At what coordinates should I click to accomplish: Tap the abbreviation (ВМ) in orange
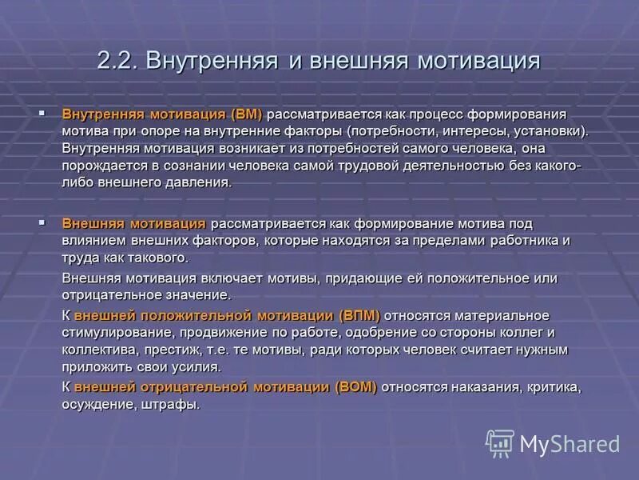(247, 114)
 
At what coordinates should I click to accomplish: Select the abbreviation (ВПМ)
(359, 316)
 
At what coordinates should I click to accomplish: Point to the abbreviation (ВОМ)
(355, 387)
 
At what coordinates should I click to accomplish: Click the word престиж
(175, 350)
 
